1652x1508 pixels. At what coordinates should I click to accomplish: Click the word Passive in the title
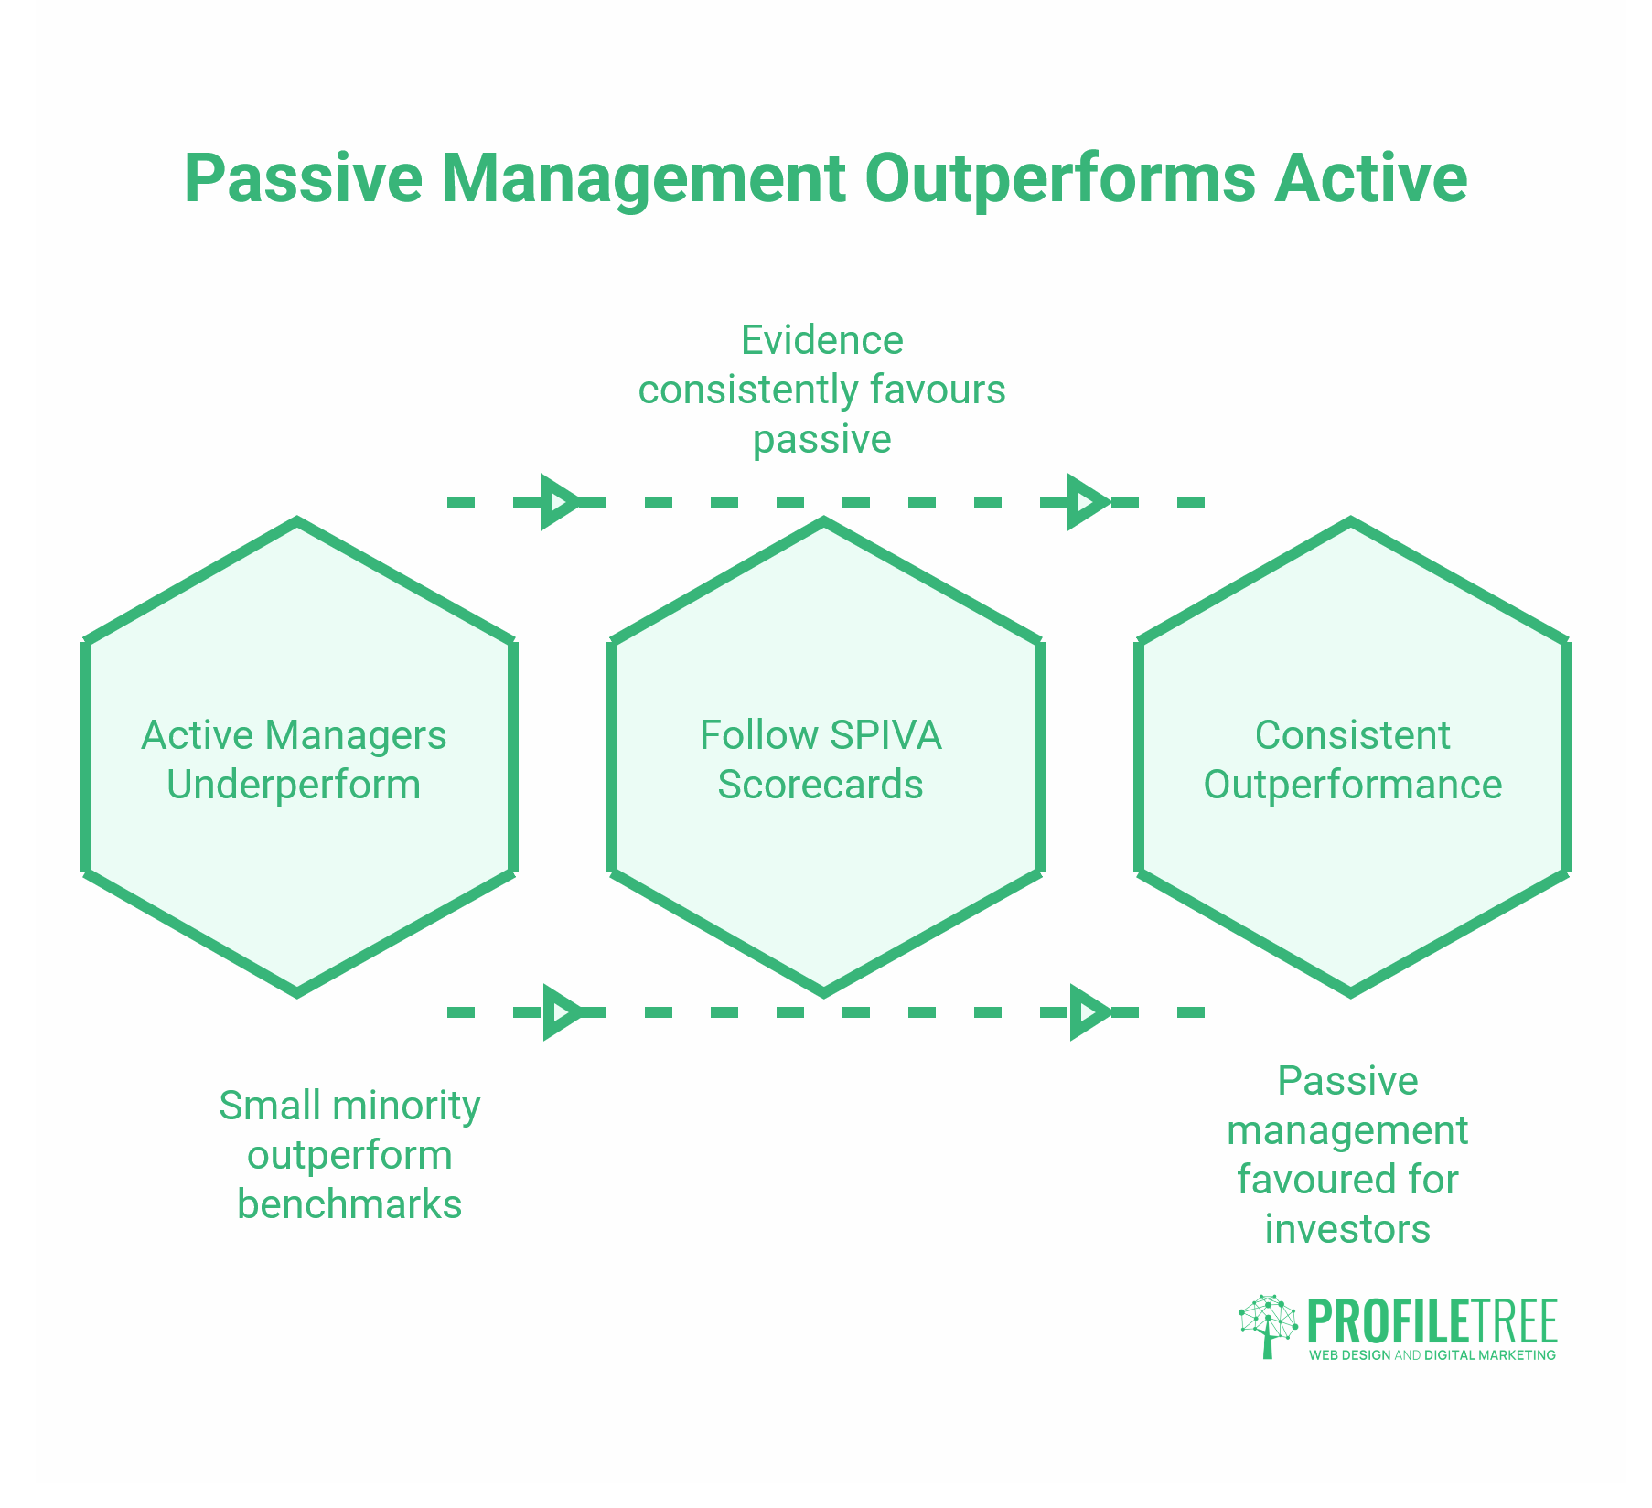pos(303,179)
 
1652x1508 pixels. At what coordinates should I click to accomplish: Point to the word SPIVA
pos(885,736)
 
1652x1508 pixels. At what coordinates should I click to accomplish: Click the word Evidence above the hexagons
pos(821,340)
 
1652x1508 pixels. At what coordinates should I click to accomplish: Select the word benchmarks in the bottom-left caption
pos(349,1204)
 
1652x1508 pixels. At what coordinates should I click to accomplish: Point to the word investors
pos(1347,1229)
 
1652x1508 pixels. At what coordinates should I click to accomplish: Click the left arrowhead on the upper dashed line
pos(558,502)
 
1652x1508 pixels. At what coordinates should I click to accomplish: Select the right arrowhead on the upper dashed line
pos(1086,502)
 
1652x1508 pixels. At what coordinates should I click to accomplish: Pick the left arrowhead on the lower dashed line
pos(560,1012)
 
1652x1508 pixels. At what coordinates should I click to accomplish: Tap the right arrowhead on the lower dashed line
pos(1088,1012)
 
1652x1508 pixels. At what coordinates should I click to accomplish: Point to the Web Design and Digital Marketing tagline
pos(1432,1355)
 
